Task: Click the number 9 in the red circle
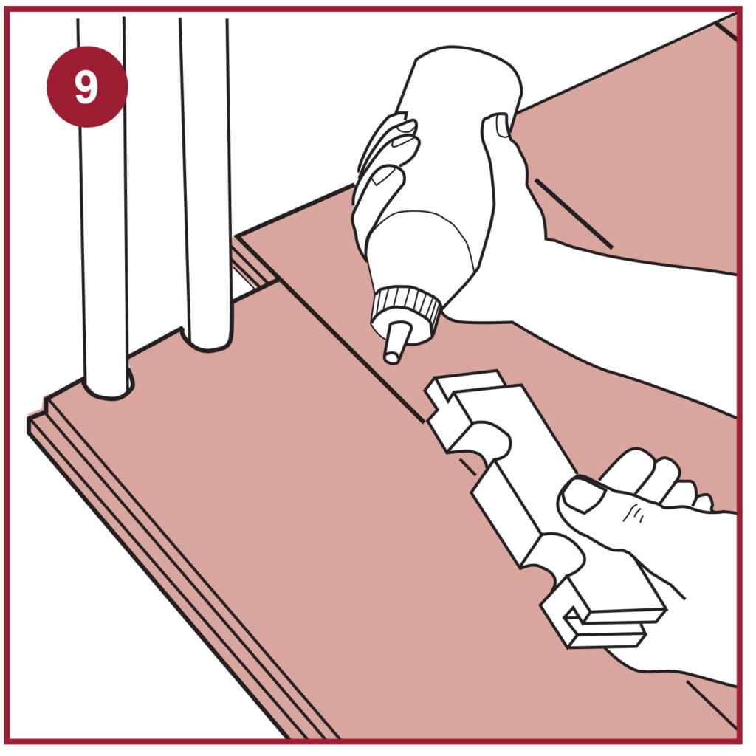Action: point(86,87)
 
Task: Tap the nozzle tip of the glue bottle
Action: point(391,357)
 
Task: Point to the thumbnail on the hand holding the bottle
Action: point(502,125)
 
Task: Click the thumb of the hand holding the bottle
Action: point(506,159)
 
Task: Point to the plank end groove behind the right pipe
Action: point(252,263)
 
